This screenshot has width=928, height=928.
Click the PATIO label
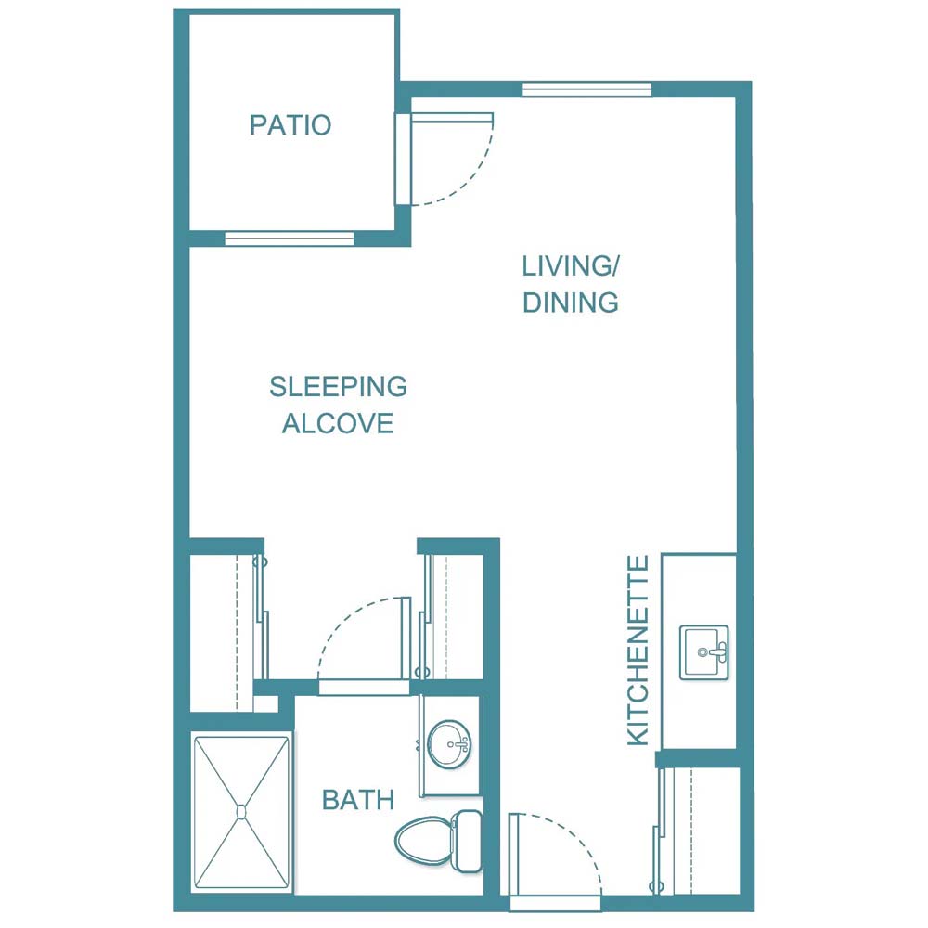click(290, 125)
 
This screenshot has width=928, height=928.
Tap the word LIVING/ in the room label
click(570, 266)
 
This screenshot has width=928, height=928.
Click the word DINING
click(570, 303)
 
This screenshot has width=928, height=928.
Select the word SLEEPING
click(338, 386)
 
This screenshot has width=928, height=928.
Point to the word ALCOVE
click(338, 424)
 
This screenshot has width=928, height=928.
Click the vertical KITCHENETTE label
click(638, 651)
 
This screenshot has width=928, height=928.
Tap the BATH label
click(358, 800)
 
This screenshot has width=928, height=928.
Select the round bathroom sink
click(452, 742)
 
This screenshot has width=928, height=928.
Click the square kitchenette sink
click(704, 652)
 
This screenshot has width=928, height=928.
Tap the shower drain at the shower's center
click(241, 812)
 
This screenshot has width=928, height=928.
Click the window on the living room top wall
click(586, 89)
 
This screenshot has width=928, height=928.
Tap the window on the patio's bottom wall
click(290, 238)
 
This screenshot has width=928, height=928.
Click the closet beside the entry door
click(701, 831)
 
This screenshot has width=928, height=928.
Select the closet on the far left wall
click(223, 631)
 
